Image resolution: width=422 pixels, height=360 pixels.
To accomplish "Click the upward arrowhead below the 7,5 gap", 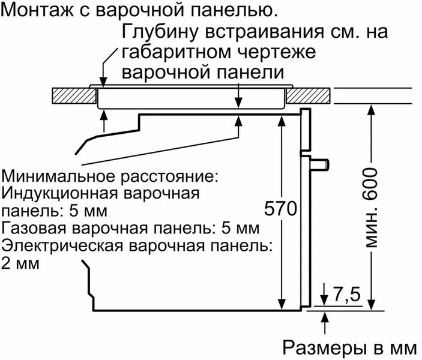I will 326,316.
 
